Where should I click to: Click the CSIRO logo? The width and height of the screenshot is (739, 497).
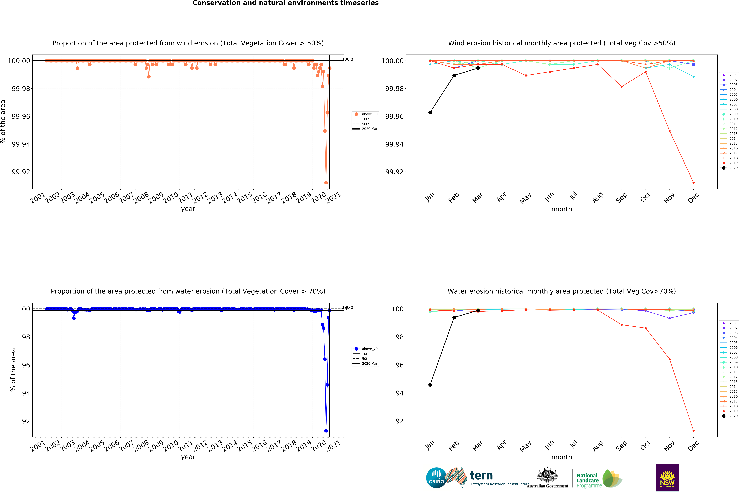(436, 478)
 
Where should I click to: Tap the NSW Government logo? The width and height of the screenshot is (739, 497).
(667, 478)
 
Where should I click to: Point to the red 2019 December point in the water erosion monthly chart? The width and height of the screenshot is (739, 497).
(693, 431)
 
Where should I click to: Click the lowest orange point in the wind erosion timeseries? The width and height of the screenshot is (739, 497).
(326, 183)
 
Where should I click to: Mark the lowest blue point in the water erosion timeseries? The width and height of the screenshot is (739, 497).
(326, 431)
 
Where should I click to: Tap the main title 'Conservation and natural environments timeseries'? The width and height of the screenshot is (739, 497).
(285, 3)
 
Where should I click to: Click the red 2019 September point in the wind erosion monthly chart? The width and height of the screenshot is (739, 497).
(621, 87)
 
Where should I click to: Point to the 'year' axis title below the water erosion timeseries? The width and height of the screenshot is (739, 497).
(188, 457)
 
